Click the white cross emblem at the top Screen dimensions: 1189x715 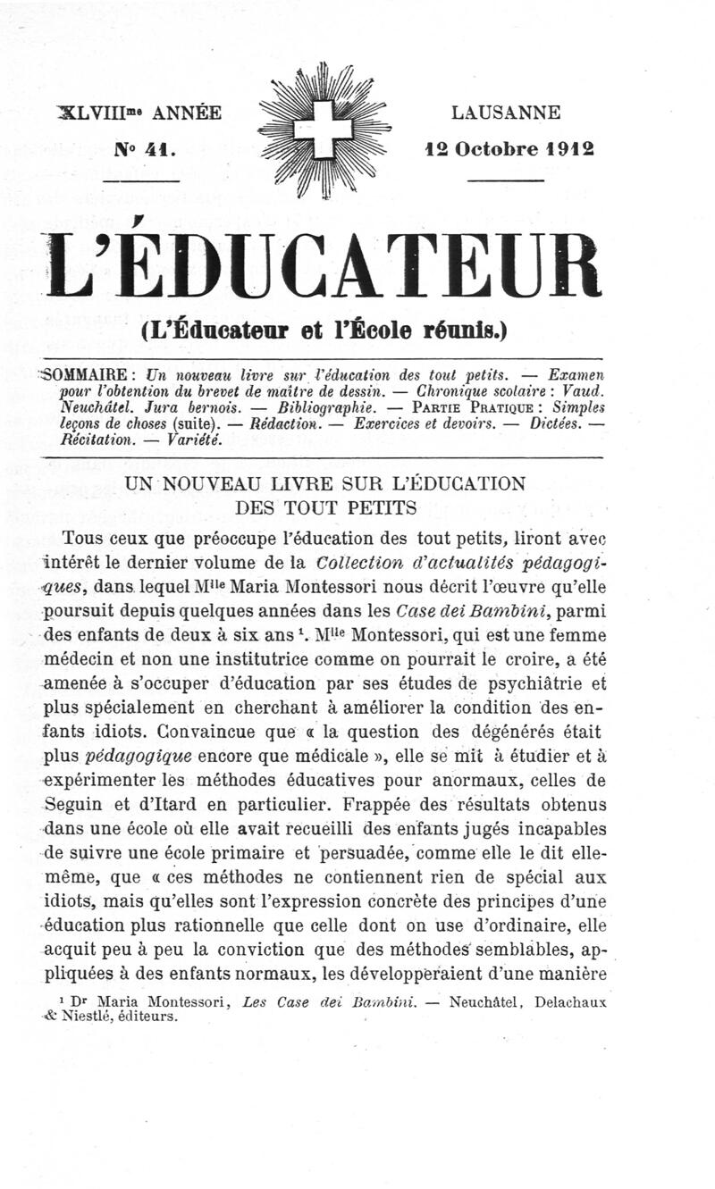point(324,129)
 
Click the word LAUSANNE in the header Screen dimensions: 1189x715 point(506,113)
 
